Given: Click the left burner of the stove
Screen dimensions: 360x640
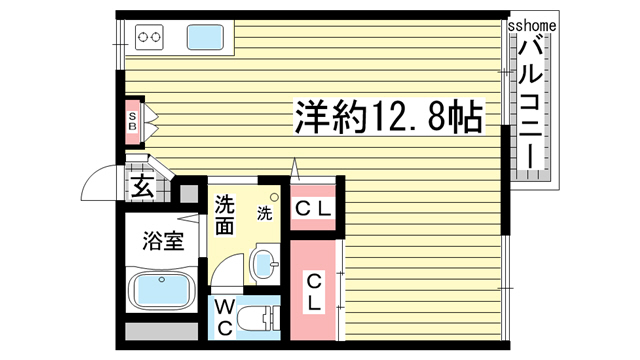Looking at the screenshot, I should [x=143, y=39].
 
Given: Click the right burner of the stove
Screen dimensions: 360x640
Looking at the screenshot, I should [x=157, y=39].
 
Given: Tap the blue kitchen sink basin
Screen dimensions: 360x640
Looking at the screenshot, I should [x=205, y=38].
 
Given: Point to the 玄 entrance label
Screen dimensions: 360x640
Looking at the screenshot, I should [x=142, y=186].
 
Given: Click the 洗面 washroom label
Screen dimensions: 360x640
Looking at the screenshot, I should [x=224, y=213].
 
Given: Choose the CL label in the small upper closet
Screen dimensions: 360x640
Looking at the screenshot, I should [x=314, y=209].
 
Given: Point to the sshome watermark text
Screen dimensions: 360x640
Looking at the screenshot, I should [x=532, y=22].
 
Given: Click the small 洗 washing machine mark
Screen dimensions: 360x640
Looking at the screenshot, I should [x=264, y=213].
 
